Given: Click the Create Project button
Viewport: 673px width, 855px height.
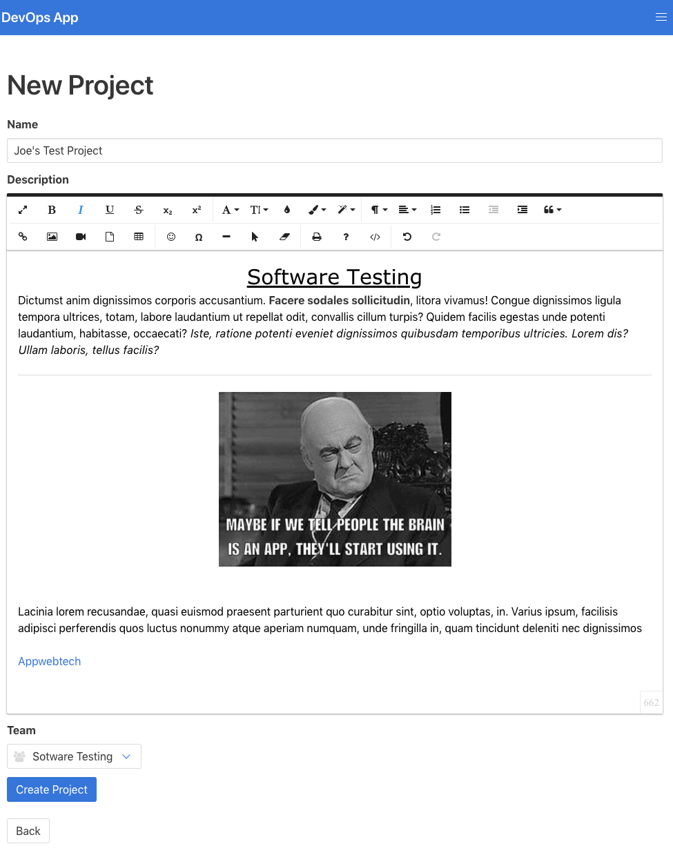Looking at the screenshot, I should [x=52, y=789].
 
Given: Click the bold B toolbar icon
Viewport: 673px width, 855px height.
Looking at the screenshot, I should [x=52, y=210].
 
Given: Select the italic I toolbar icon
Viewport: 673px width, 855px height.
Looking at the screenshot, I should [x=81, y=210].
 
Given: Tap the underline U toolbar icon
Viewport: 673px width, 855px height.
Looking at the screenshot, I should [x=110, y=210].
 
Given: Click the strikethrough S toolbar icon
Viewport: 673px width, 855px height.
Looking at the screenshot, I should [x=139, y=210].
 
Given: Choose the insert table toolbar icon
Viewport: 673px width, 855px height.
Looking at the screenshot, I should [x=139, y=237].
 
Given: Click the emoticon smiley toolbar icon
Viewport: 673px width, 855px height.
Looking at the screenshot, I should [x=171, y=237].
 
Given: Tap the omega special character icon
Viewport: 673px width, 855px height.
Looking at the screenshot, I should [x=199, y=237].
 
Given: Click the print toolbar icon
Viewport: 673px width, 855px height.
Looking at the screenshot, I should [x=317, y=237].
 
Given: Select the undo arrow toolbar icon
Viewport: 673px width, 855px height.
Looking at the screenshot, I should [x=407, y=237].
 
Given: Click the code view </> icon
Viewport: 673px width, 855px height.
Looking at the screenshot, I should [x=375, y=237].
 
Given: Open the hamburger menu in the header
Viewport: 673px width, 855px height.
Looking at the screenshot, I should [x=661, y=17].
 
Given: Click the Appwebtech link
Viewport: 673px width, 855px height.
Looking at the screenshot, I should [x=50, y=661].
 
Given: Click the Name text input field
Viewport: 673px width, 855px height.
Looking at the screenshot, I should [x=334, y=150].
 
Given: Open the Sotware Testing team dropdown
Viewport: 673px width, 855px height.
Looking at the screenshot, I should [x=74, y=756].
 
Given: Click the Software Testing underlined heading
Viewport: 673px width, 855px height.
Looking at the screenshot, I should [x=334, y=277].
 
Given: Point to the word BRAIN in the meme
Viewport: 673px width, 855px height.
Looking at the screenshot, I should [x=426, y=525].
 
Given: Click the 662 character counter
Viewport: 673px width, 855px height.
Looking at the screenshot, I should [x=651, y=702].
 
